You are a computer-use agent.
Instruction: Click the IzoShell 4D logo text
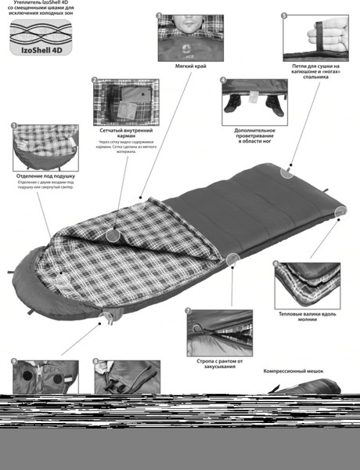[38, 56]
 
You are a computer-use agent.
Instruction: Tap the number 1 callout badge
[14, 125]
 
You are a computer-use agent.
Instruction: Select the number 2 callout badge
[94, 80]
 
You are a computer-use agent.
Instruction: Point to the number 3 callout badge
[159, 16]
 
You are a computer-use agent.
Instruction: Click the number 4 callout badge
[223, 80]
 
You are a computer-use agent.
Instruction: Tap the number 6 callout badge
[275, 263]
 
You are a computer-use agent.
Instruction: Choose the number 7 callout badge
[188, 310]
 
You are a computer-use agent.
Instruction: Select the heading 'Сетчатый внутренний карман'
[121, 131]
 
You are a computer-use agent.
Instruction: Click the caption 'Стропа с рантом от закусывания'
[218, 363]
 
